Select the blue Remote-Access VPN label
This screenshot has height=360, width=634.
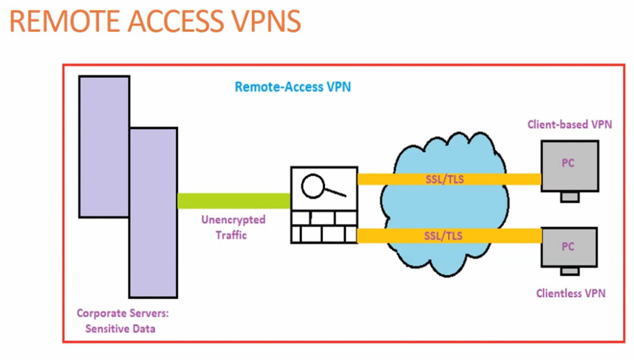[x=292, y=87]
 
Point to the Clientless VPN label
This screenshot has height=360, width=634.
[x=570, y=293]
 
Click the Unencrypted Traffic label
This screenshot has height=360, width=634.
[x=233, y=227]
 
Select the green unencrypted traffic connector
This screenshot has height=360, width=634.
[x=233, y=201]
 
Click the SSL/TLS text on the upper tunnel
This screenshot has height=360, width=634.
[x=444, y=179]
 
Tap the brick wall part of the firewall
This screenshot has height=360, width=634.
[x=323, y=226]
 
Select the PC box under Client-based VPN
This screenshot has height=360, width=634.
[x=569, y=166]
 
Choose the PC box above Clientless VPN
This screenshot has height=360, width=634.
[x=569, y=246]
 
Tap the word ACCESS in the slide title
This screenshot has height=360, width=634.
[x=169, y=22]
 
